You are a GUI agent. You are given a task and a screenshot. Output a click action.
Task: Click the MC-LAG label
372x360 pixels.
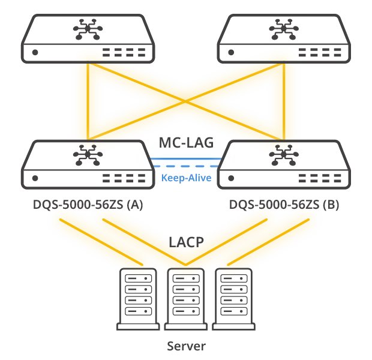[x=186, y=143]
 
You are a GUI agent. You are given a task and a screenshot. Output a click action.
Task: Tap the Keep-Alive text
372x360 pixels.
[x=186, y=178]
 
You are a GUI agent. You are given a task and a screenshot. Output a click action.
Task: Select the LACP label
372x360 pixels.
[x=186, y=242]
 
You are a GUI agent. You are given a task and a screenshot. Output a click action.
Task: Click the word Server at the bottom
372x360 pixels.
[x=186, y=346]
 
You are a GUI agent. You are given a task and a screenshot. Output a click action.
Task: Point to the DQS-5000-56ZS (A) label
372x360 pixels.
[x=88, y=205]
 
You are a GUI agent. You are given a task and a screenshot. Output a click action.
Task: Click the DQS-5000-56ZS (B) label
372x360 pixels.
[x=284, y=205]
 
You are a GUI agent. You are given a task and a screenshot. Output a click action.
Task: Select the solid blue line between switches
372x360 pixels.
[x=186, y=158]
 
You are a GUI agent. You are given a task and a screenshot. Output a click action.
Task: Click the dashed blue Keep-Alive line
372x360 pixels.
[x=186, y=166]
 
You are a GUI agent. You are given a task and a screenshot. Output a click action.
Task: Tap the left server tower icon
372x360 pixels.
[x=138, y=299]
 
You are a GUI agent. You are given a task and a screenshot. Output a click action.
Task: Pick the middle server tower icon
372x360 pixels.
[x=186, y=299]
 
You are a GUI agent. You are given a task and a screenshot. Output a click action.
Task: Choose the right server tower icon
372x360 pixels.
[x=233, y=299]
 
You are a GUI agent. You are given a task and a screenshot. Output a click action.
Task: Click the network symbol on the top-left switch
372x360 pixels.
[x=88, y=29]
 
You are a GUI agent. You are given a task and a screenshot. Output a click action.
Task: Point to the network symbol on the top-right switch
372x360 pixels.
[x=284, y=29]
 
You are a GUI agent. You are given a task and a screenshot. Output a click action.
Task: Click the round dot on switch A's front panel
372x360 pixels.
[x=35, y=178]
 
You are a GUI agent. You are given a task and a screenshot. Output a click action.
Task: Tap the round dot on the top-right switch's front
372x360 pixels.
[x=231, y=52]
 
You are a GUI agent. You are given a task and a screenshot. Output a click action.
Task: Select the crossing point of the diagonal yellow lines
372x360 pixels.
[x=185, y=101]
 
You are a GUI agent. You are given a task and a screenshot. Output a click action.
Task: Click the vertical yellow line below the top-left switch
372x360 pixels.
[x=88, y=101]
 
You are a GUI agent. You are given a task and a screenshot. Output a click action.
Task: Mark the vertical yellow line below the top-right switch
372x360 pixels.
[x=284, y=101]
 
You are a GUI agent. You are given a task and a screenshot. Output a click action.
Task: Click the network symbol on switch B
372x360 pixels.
[x=284, y=155]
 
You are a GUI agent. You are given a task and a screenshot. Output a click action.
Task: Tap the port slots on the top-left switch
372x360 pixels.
[x=124, y=52]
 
